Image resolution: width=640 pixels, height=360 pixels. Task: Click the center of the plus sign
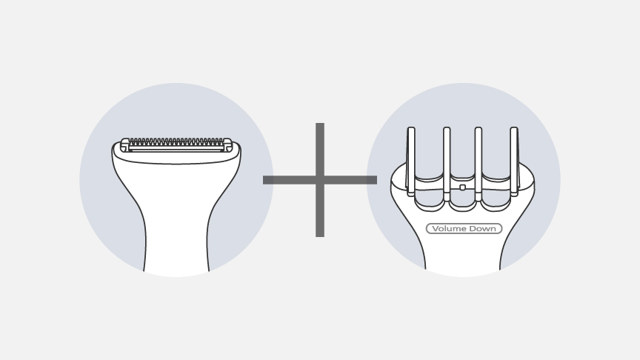click(320, 180)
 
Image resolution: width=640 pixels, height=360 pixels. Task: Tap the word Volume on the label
click(447, 229)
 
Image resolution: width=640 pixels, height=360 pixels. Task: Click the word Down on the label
click(483, 229)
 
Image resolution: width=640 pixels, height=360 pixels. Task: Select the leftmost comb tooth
click(411, 159)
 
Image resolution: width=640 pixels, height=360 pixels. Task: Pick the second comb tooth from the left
click(447, 159)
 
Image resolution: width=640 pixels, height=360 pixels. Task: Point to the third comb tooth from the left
click(479, 159)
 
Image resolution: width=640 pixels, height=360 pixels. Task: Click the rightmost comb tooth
click(513, 159)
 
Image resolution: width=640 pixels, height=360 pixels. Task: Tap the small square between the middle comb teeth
click(463, 187)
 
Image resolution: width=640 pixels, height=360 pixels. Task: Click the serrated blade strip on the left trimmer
click(176, 141)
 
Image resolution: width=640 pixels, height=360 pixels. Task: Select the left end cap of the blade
click(125, 144)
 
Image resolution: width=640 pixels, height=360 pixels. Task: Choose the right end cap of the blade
click(227, 144)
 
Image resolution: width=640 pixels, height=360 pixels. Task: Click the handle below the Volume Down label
click(464, 256)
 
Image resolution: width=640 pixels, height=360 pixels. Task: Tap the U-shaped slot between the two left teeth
click(429, 185)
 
